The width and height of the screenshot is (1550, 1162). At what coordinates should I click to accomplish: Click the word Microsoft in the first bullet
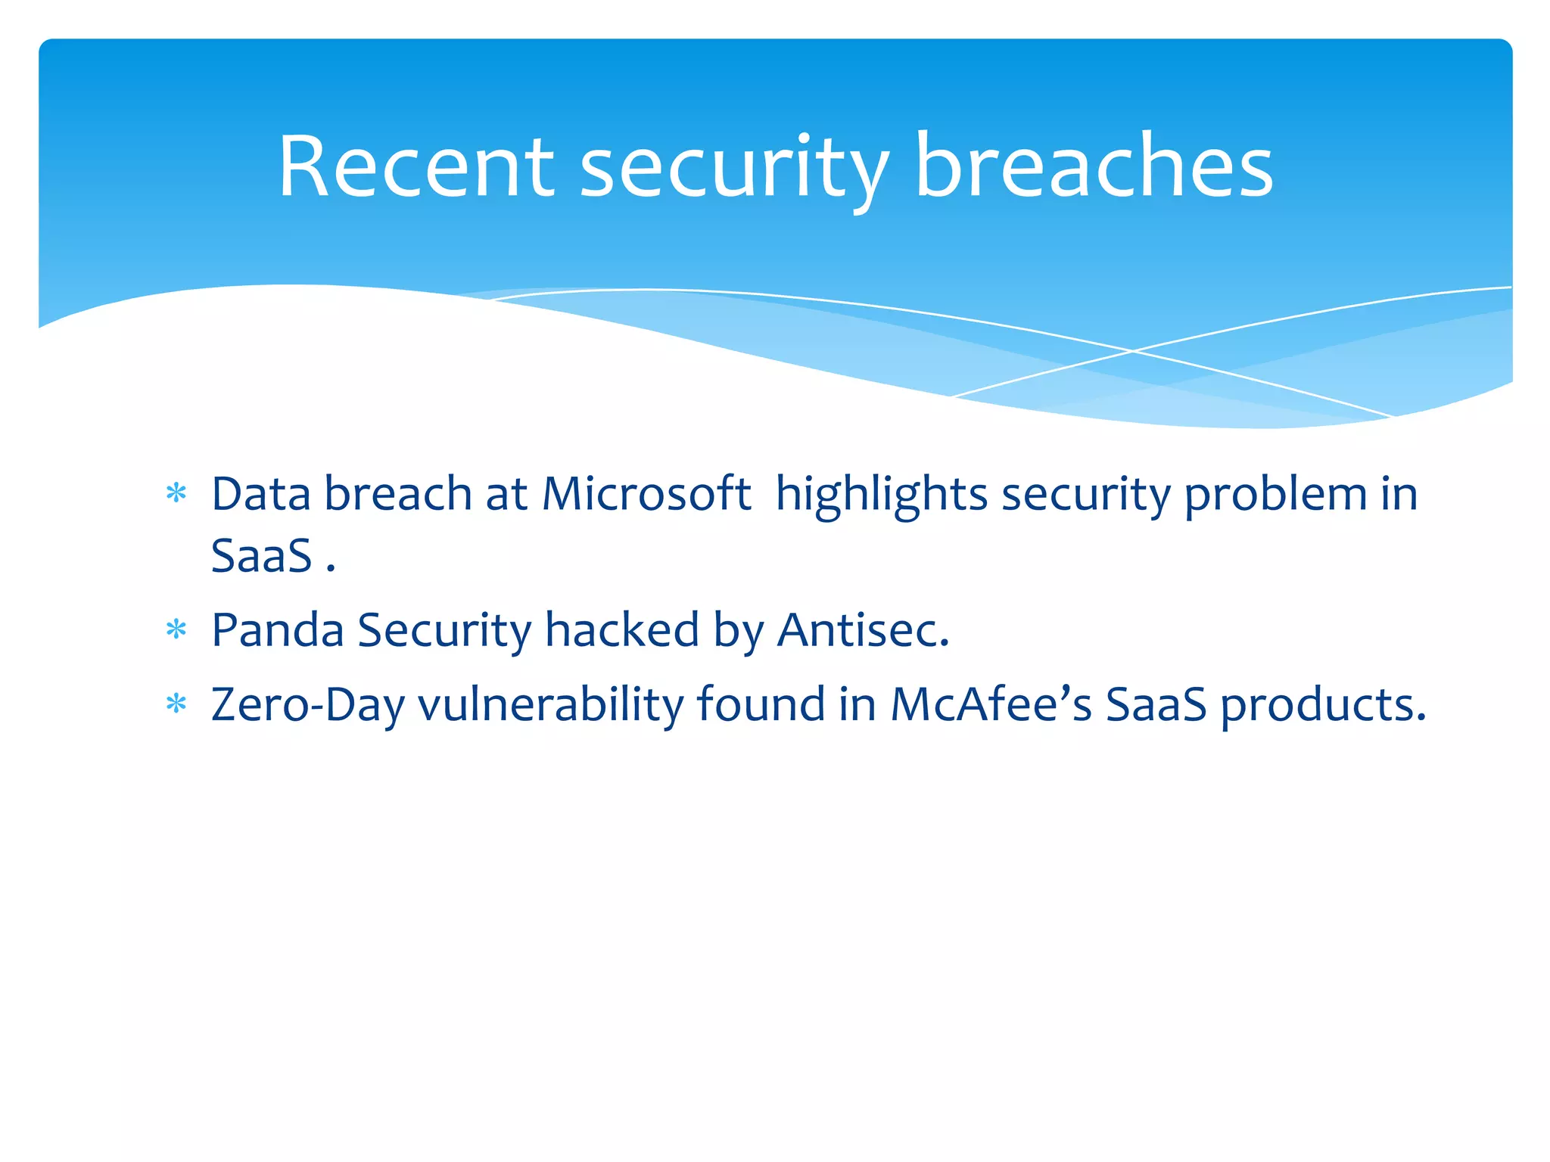coord(646,494)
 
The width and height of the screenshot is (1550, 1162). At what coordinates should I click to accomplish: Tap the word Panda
coord(277,630)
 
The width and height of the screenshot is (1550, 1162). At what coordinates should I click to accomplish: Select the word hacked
coord(621,630)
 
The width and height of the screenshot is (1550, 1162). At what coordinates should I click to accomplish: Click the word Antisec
coord(863,630)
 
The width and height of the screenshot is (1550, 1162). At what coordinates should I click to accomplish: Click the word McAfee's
coord(991,704)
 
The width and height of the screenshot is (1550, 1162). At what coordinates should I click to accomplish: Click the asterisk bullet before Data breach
coord(176,494)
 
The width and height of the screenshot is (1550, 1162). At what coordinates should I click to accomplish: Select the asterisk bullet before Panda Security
coord(176,629)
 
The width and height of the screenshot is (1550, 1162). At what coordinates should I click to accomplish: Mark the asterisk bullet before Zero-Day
coord(176,704)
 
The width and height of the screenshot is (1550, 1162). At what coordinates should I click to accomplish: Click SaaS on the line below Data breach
coord(261,556)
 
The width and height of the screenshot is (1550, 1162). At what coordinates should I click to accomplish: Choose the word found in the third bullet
coord(761,704)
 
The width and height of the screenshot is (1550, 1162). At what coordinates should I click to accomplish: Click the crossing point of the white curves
coord(1132,351)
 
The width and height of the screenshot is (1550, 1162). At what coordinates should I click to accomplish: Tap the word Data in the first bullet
coord(261,494)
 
